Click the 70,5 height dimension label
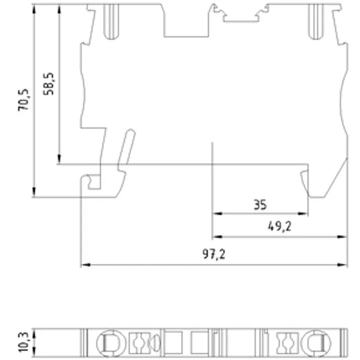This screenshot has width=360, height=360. [x=24, y=100]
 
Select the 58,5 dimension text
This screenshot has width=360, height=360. [x=49, y=84]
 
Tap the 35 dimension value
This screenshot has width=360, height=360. [x=260, y=205]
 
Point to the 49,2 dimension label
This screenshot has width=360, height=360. [x=279, y=227]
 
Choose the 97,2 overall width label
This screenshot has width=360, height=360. [x=214, y=254]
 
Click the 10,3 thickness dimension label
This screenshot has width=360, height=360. [x=24, y=342]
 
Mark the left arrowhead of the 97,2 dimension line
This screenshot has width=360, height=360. [x=86, y=265]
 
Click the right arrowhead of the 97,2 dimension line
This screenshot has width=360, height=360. [x=342, y=265]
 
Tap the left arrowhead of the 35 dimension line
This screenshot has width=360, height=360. [x=217, y=213]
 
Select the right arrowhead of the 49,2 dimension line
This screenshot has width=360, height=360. [x=342, y=237]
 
